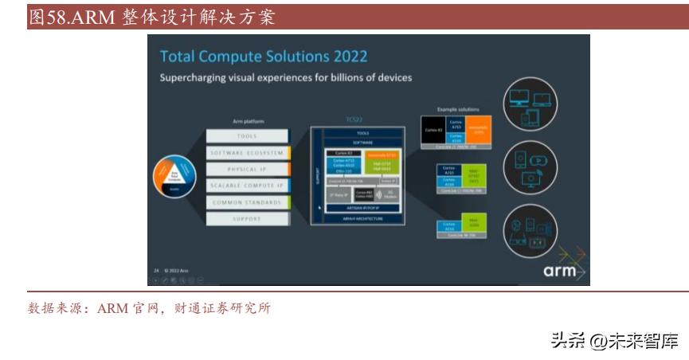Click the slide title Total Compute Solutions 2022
[263, 57]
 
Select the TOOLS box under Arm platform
[246, 136]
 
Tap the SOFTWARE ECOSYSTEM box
[246, 153]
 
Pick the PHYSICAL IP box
[246, 170]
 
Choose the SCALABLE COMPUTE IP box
[246, 186]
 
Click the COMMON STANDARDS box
[246, 202]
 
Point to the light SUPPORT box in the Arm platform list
[246, 218]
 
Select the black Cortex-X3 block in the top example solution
[433, 130]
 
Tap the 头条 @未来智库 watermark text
[614, 341]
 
